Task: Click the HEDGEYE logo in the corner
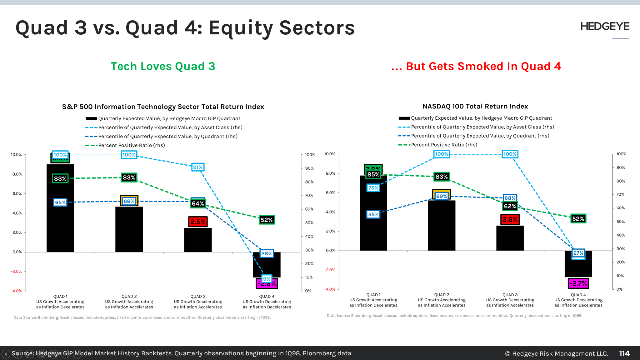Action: coord(605,27)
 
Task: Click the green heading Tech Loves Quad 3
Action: coord(163,66)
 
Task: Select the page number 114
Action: coord(624,353)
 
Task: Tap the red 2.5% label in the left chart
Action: coord(198,222)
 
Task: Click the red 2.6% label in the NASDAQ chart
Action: coord(510,220)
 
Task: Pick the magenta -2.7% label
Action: coord(578,283)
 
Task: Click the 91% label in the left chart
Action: coord(198,167)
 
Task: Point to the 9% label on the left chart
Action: coord(267,279)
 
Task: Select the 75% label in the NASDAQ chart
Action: coord(373,188)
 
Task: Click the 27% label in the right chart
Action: coord(578,253)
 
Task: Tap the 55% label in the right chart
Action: coord(373,214)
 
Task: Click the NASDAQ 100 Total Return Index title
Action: coord(475,106)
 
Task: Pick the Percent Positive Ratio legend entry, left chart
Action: coord(131,145)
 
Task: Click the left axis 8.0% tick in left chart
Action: coord(17,174)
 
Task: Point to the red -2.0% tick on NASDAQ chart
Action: coord(330,270)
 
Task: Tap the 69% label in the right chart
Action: coord(441,196)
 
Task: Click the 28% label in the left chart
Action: coord(267,253)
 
